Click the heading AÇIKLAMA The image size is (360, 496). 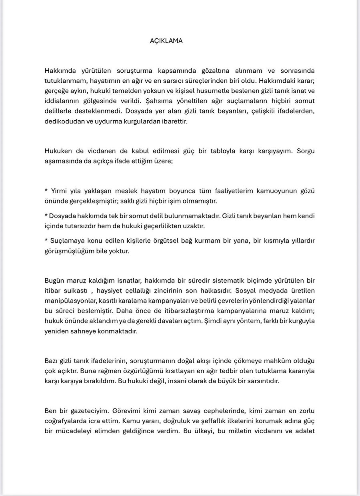(x=166, y=41)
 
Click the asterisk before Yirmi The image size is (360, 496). (x=46, y=191)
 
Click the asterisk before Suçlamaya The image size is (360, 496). (x=46, y=241)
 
